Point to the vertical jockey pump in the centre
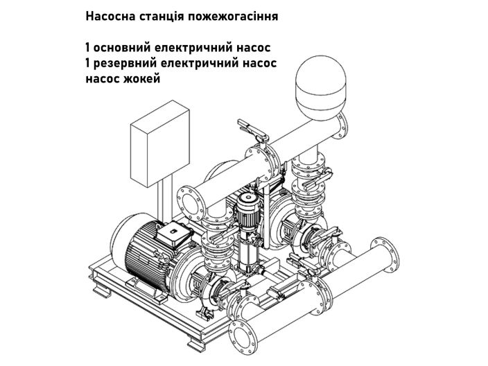click(x=246, y=229)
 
